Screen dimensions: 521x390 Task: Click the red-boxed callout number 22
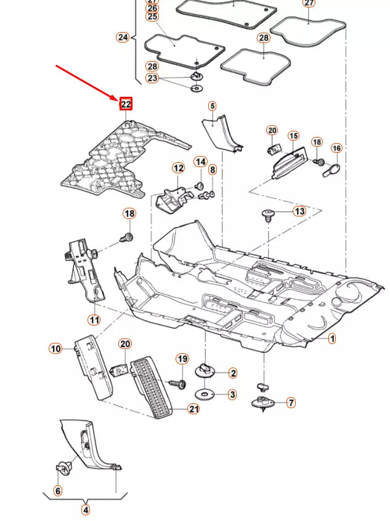pos(126,104)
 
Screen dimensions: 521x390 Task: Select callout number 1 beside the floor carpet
pos(331,338)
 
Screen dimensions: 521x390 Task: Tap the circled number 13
pos(299,211)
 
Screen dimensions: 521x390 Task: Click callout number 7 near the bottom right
pos(291,403)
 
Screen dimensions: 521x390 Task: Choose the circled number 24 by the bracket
pos(123,37)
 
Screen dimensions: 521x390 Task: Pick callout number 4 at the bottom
pos(86,510)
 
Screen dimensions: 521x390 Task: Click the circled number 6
pos(58,491)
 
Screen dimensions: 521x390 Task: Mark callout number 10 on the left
pos(55,349)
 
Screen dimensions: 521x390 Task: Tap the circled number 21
pos(193,409)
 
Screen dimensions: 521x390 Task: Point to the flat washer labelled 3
pos(205,394)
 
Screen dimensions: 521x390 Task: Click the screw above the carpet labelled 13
pos(268,215)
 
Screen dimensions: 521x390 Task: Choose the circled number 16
pos(336,149)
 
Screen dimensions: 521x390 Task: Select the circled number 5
pos(212,106)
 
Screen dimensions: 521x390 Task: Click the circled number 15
pos(293,136)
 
